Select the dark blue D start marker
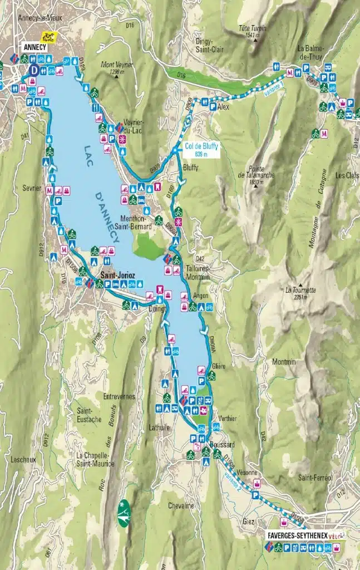34,70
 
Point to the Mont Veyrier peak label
117,68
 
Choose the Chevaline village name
181,505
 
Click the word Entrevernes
119,396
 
